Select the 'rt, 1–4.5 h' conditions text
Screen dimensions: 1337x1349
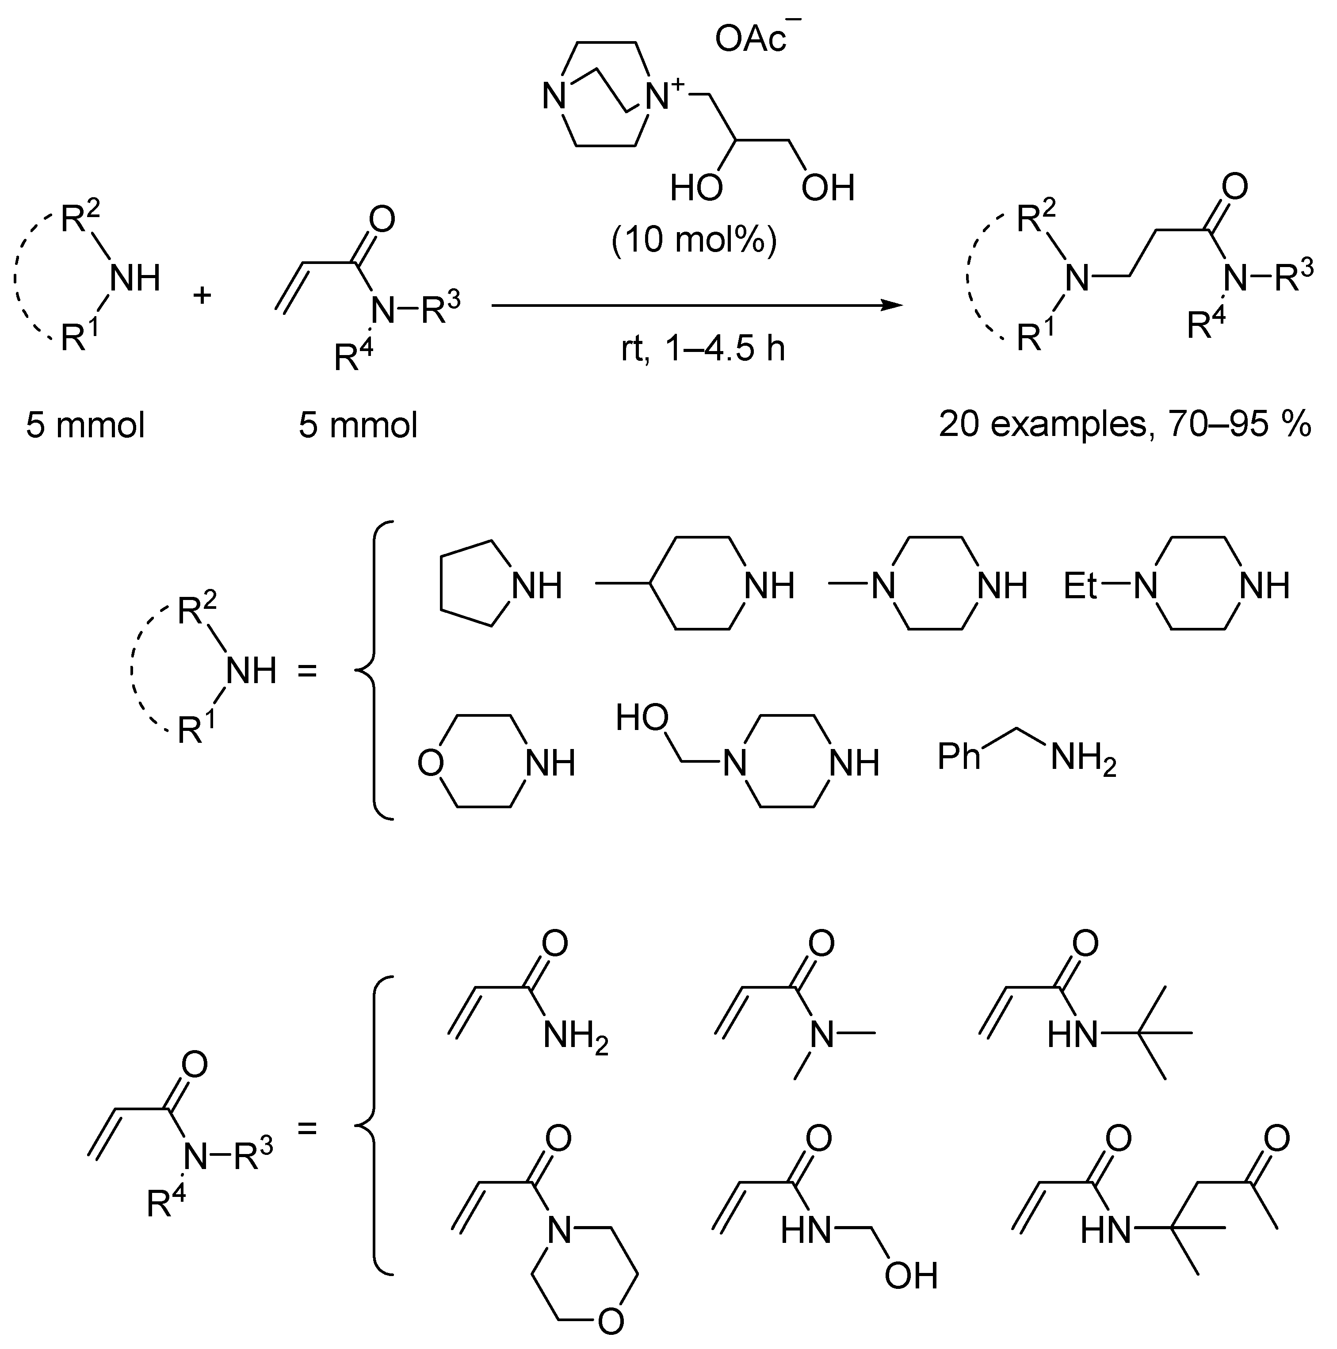point(703,348)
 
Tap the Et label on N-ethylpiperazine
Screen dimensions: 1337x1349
point(1081,585)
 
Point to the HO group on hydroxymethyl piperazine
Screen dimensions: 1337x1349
point(642,717)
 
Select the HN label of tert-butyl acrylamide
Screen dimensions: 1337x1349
point(1073,1033)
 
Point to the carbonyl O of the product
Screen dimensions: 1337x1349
point(1234,187)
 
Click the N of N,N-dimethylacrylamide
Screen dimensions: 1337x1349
point(822,1033)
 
